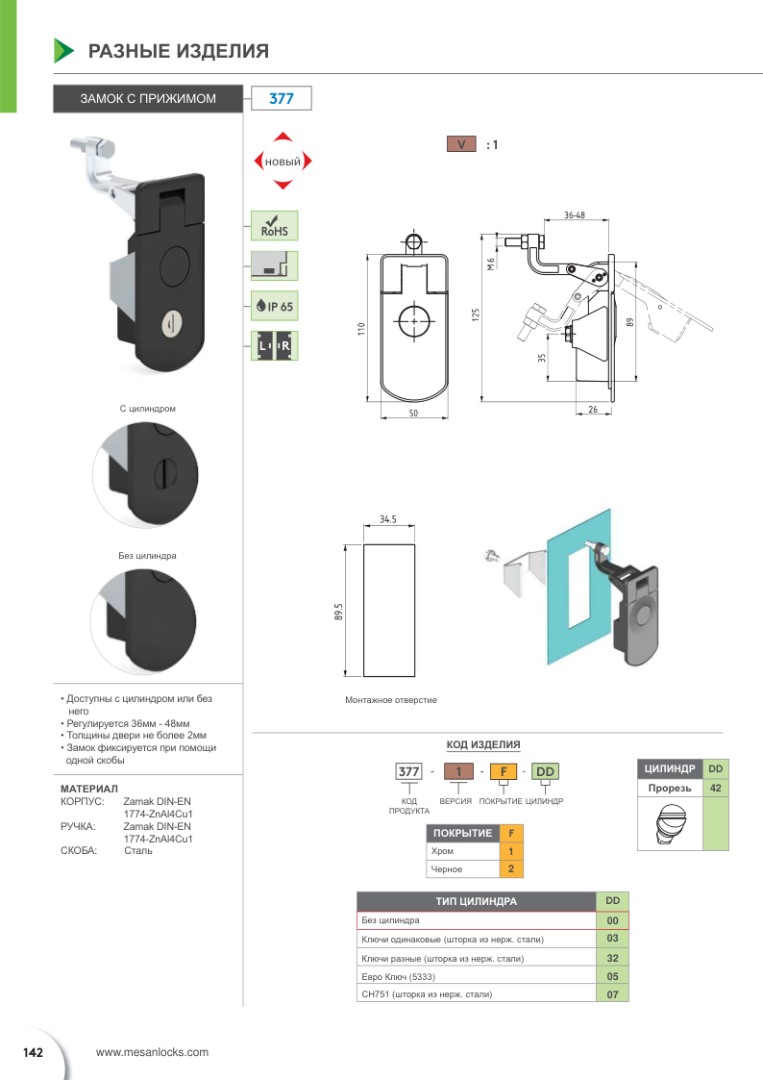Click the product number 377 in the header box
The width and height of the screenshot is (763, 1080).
tap(281, 98)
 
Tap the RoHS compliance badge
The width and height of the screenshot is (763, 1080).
tap(275, 226)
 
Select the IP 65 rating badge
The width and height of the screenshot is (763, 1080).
tap(275, 307)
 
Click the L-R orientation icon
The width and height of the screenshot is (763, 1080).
tap(275, 346)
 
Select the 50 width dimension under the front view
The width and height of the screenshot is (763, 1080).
tap(414, 413)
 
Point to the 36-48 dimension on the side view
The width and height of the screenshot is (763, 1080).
tap(575, 215)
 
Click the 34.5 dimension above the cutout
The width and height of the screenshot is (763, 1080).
tap(388, 519)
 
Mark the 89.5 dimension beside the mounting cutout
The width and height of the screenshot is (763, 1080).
tap(339, 612)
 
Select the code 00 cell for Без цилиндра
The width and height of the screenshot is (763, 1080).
tap(612, 920)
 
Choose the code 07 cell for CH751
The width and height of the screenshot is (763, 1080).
tap(612, 994)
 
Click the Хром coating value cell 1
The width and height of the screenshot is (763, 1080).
tap(511, 851)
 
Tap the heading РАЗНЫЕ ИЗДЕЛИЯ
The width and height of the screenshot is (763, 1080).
tap(179, 51)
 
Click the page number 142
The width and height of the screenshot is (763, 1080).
tap(34, 1052)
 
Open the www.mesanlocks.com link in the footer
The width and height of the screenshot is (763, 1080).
tap(153, 1052)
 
